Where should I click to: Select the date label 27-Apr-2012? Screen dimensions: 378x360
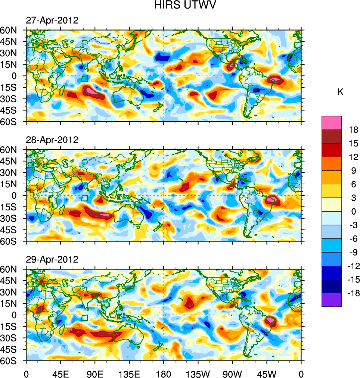pyautogui.click(x=52, y=21)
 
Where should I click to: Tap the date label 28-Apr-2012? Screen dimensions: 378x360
pyautogui.click(x=52, y=140)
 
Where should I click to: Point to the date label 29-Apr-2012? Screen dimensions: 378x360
pyautogui.click(x=52, y=259)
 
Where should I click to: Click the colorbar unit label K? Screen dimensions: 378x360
pyautogui.click(x=340, y=92)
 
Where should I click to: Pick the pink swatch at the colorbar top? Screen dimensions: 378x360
pyautogui.click(x=332, y=122)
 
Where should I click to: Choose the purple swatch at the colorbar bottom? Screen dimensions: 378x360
pyautogui.click(x=332, y=300)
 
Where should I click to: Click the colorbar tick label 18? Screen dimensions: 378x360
pyautogui.click(x=354, y=130)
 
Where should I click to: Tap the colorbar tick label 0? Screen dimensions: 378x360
pyautogui.click(x=353, y=212)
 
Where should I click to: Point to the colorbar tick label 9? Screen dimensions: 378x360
pyautogui.click(x=353, y=171)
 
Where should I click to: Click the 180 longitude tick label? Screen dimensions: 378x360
pyautogui.click(x=164, y=373)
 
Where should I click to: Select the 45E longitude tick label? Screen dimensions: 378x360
pyautogui.click(x=60, y=373)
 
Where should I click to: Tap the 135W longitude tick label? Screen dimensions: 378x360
pyautogui.click(x=198, y=373)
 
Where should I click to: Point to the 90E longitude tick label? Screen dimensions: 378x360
pyautogui.click(x=95, y=373)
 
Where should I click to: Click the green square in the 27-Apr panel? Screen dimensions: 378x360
pyautogui.click(x=85, y=79)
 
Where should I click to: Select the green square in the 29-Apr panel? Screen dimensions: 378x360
pyautogui.click(x=85, y=318)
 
